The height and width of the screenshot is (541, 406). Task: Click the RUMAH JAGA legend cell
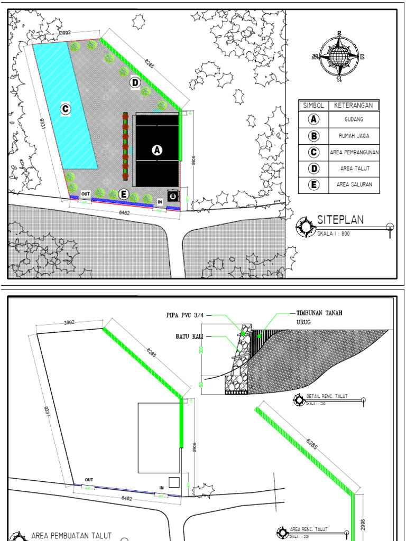[x=354, y=136]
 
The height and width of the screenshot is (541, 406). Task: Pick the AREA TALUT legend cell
[x=354, y=169]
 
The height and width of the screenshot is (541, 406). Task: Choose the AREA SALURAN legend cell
[x=354, y=185]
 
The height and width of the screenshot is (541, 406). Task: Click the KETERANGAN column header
[x=354, y=106]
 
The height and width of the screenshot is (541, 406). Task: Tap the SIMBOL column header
[x=313, y=106]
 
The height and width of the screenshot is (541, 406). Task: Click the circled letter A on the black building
[x=156, y=150]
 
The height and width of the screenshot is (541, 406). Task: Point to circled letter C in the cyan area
[x=65, y=109]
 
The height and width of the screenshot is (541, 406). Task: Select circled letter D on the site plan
[x=135, y=82]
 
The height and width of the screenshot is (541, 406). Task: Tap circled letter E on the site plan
[x=124, y=194]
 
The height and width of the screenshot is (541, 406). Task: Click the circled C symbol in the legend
[x=313, y=152]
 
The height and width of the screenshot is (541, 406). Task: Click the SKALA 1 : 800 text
[x=334, y=232]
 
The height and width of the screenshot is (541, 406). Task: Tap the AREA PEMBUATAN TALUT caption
[x=72, y=535]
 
